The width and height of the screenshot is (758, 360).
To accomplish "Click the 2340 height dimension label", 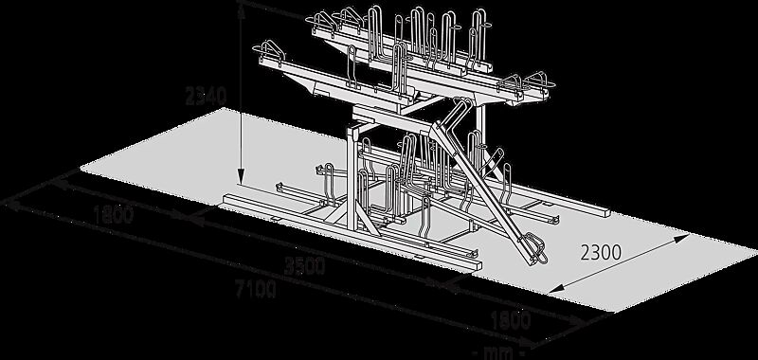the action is [206, 97].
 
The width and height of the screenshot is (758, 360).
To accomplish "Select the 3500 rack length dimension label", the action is [304, 266].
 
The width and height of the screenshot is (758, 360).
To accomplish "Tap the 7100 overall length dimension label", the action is [256, 289].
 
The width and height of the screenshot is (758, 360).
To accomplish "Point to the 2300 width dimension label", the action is [601, 252].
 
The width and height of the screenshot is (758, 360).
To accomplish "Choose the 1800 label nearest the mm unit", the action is [511, 321].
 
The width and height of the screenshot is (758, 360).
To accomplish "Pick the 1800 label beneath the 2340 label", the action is [113, 215].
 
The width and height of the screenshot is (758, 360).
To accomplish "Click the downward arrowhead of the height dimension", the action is [242, 178].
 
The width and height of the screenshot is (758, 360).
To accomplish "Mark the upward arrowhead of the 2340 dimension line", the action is [242, 11].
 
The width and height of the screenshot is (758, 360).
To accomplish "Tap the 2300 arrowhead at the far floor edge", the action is [681, 237].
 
